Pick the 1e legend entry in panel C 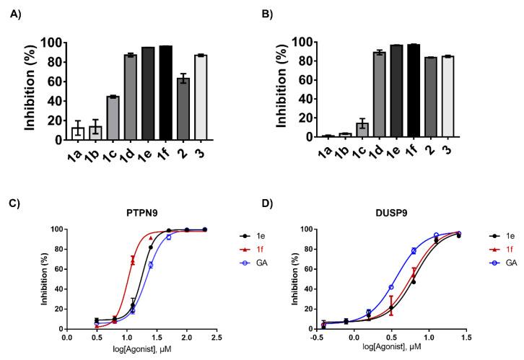click(248, 235)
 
